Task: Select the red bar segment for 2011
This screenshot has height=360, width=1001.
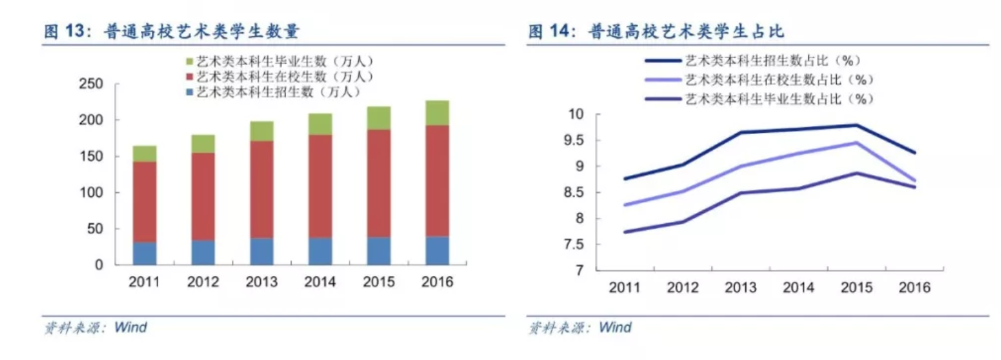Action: [144, 202]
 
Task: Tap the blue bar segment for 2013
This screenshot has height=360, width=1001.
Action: [262, 251]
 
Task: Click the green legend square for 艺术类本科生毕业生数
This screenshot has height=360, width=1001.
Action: [190, 62]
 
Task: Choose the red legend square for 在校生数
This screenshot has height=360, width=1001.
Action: [190, 77]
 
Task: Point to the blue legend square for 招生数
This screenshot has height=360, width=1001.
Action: [190, 91]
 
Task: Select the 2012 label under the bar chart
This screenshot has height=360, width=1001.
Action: [203, 283]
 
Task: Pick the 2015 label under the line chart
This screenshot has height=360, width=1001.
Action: [855, 287]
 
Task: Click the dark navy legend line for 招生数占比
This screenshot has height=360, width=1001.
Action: [661, 60]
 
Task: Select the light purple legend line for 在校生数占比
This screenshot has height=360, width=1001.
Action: [661, 80]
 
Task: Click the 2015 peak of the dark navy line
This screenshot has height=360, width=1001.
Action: [855, 125]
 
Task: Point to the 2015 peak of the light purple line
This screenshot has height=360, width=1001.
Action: [855, 142]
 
